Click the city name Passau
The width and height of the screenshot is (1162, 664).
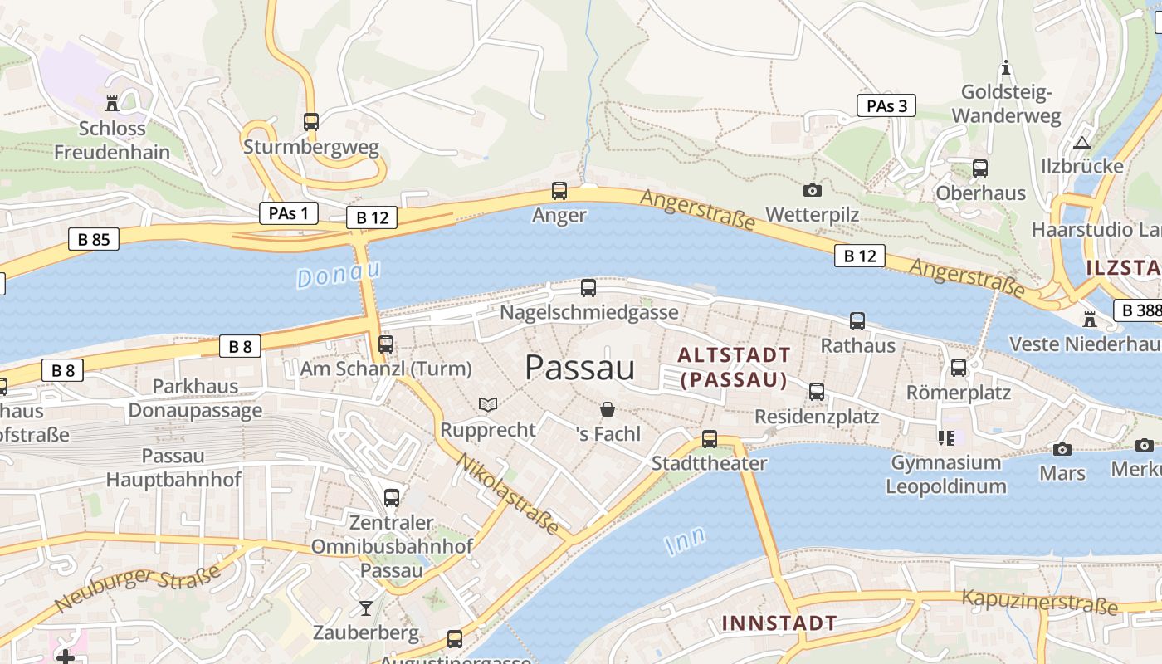click(x=579, y=368)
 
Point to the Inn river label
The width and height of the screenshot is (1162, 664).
click(x=685, y=539)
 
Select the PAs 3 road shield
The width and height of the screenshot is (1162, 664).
click(x=886, y=105)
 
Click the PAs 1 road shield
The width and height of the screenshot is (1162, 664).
click(x=288, y=213)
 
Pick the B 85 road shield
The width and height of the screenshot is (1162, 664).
click(x=93, y=240)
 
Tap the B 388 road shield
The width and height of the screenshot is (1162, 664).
click(x=1139, y=310)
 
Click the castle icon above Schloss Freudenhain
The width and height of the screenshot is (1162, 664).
click(x=111, y=104)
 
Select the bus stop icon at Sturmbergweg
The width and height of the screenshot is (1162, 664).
click(x=311, y=122)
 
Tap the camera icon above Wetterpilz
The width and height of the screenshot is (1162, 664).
click(x=813, y=190)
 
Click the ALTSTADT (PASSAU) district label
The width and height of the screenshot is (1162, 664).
click(x=734, y=368)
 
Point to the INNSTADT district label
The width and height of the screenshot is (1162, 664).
click(x=779, y=623)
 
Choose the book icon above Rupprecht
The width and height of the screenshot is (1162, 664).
click(x=488, y=405)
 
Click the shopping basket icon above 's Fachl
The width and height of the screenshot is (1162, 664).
click(x=608, y=409)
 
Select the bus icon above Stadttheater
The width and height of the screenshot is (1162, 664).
click(x=709, y=439)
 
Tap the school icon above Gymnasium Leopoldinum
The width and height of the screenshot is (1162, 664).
click(x=945, y=437)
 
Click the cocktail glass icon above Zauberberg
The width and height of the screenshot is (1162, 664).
click(x=366, y=608)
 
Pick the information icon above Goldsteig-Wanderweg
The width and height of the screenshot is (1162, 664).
click(x=1006, y=67)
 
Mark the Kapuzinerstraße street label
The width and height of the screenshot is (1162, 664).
click(x=1039, y=602)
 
